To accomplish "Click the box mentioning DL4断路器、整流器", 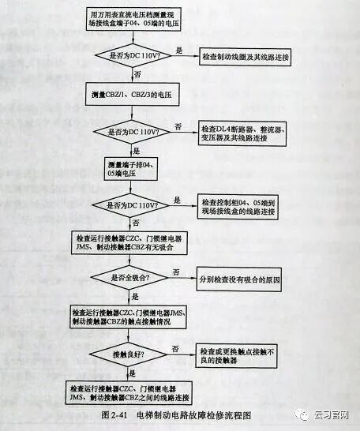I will click(x=246, y=133).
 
